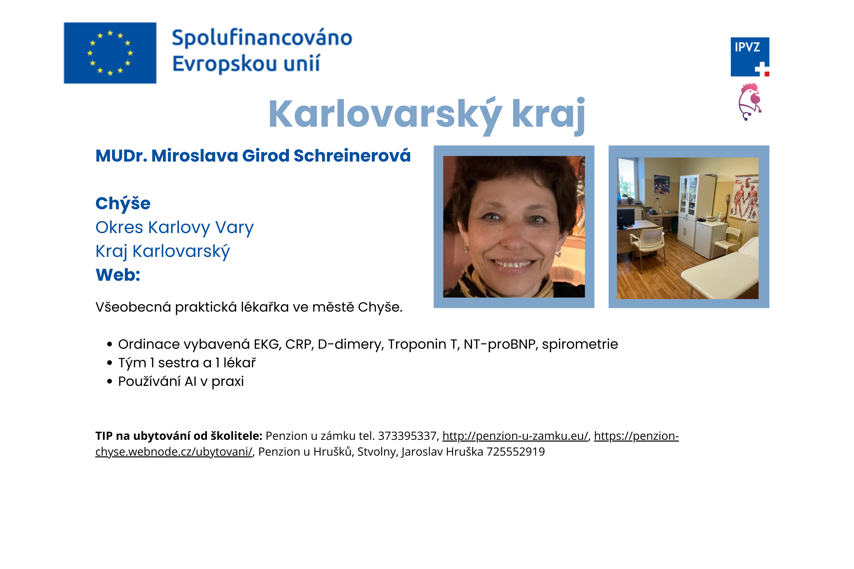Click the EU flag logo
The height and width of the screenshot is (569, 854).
click(110, 53)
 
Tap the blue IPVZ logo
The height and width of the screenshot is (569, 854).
click(750, 57)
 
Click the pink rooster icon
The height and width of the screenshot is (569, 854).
click(750, 102)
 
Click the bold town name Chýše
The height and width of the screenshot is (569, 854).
click(123, 203)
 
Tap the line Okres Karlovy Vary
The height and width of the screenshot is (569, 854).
click(174, 228)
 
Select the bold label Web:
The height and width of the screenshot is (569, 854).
click(118, 275)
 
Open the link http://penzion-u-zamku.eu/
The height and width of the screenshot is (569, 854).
click(515, 436)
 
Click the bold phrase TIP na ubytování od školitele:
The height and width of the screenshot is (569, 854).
click(179, 436)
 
